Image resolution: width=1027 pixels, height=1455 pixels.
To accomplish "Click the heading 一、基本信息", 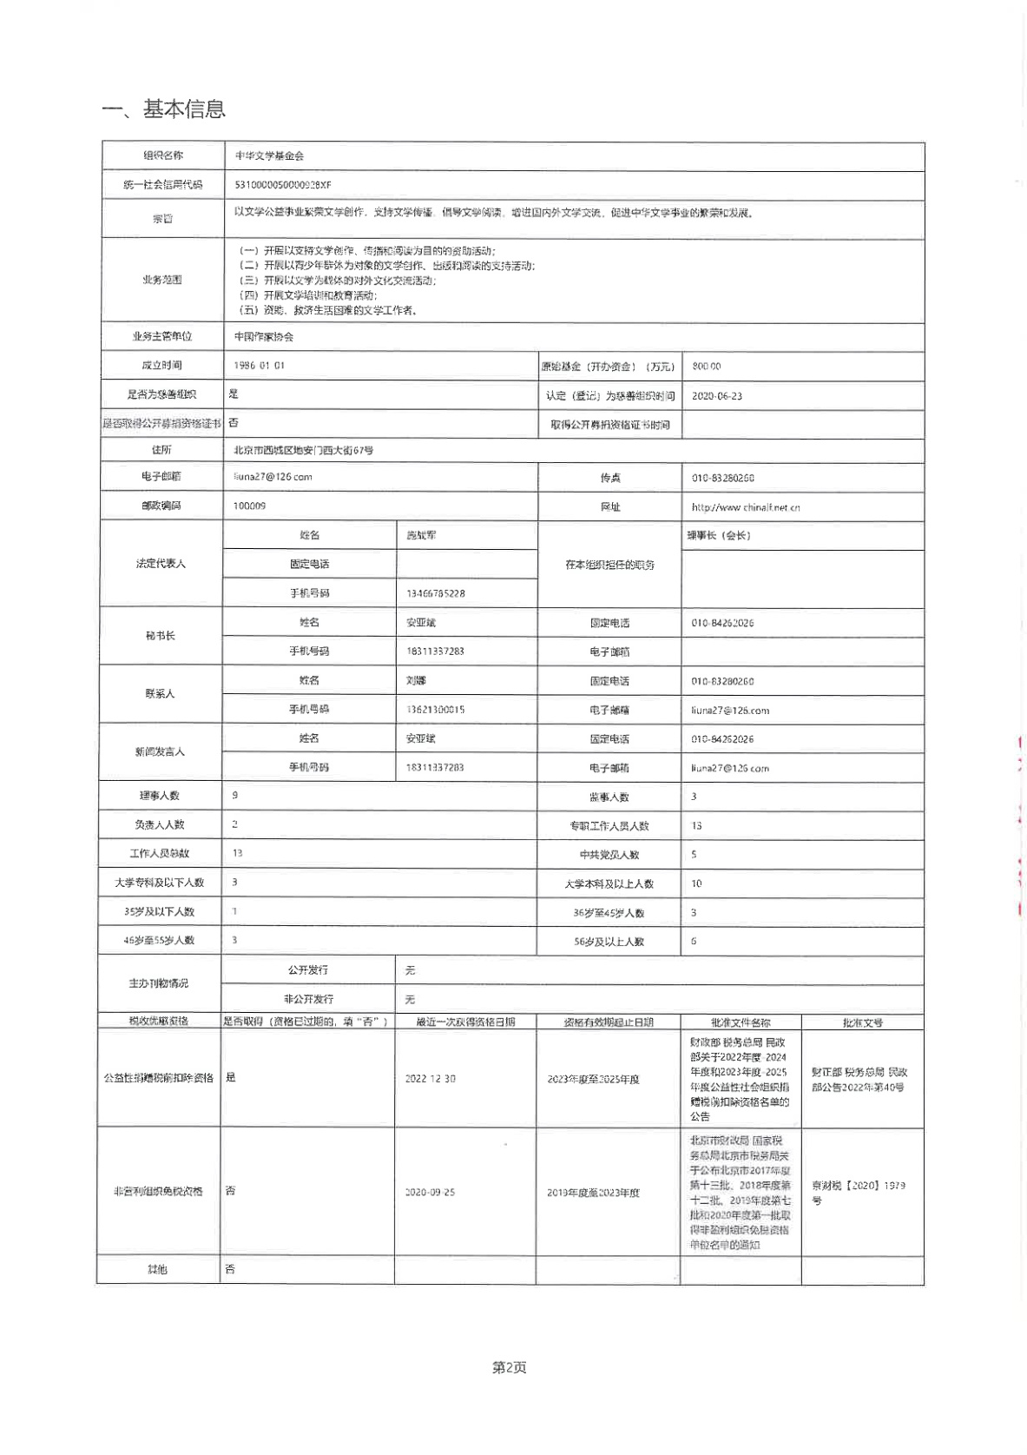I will [x=163, y=109].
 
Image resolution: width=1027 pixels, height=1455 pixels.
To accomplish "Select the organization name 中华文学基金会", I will [x=269, y=156].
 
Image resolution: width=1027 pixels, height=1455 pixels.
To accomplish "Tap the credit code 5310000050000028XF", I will [x=283, y=185].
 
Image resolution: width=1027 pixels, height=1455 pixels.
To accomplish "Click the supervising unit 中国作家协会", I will [x=264, y=337].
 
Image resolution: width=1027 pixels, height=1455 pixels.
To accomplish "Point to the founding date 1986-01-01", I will [x=259, y=366].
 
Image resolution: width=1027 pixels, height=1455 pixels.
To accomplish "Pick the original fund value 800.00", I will [x=706, y=367].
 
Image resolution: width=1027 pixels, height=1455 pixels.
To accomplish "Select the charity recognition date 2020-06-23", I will [x=716, y=396].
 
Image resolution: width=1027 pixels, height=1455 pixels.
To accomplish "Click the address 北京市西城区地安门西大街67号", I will [x=303, y=450].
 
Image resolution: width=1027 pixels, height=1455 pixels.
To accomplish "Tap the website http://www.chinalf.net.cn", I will [x=745, y=507].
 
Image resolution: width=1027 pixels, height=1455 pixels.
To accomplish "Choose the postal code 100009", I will [x=249, y=506].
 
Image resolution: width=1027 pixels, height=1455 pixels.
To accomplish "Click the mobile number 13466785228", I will [x=435, y=593].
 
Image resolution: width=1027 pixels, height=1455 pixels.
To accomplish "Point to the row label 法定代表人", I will [x=161, y=564].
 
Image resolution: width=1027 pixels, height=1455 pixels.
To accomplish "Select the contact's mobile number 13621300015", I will [x=435, y=710].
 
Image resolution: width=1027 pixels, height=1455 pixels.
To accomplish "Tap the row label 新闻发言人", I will [x=160, y=751].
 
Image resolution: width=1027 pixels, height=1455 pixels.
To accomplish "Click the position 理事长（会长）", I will [x=718, y=535].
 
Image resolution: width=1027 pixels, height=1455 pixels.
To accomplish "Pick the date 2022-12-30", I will [x=430, y=1079].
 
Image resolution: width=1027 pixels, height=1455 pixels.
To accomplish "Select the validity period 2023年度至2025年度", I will [x=593, y=1079].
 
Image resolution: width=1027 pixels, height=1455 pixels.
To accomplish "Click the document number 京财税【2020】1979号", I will [x=858, y=1192].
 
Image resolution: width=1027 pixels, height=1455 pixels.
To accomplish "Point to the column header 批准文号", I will [x=862, y=1022].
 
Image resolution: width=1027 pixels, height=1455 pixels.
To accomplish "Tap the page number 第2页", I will [x=509, y=1367].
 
